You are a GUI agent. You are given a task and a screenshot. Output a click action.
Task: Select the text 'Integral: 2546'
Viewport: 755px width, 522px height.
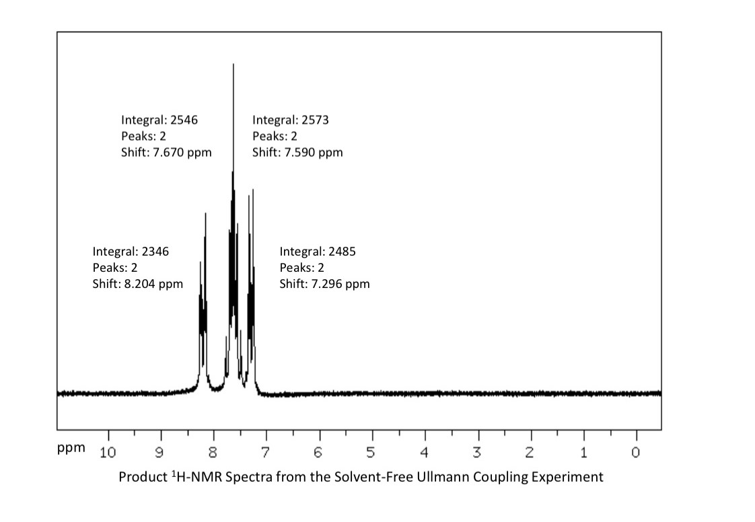[x=159, y=120]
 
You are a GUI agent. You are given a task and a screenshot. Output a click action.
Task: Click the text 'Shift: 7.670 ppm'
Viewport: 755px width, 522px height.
[x=166, y=152]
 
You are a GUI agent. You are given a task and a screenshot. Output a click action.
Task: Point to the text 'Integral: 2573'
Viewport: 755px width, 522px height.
[x=291, y=120]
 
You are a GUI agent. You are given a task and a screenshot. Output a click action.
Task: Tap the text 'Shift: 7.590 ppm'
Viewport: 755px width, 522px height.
[x=297, y=152]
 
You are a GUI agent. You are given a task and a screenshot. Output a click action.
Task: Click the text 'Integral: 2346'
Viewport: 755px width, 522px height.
[x=131, y=252]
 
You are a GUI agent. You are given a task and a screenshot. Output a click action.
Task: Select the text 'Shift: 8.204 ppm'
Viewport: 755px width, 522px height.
[x=137, y=283]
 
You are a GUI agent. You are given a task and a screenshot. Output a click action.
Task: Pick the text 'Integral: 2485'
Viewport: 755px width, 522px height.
[x=318, y=252]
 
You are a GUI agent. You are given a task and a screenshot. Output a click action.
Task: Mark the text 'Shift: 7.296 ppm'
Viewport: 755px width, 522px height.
[x=324, y=283]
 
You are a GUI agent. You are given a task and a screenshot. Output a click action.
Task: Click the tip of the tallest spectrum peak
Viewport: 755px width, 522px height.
[x=233, y=65]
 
